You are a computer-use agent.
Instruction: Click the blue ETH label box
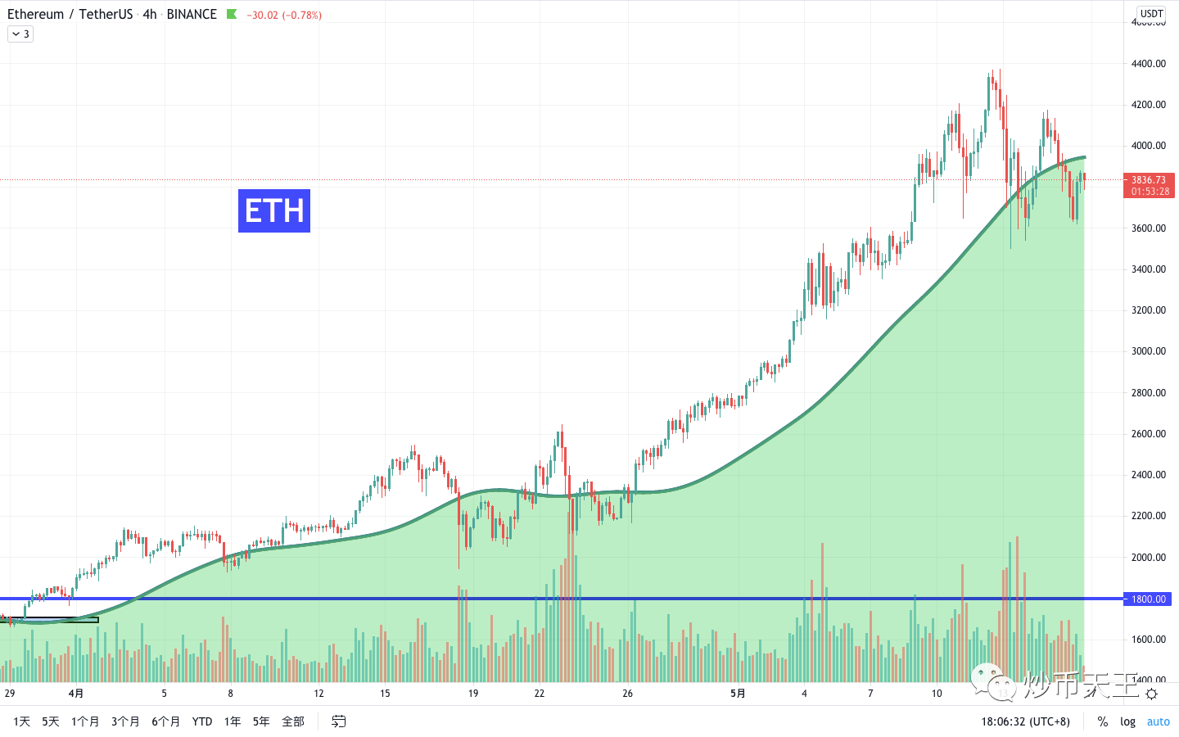273,210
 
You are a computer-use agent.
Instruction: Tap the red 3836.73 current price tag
1150,185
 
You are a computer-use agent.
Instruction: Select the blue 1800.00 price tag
1149,599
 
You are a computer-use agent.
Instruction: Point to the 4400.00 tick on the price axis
1149,64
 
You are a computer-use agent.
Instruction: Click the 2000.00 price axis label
1149,558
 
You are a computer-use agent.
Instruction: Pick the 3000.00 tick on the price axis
1149,351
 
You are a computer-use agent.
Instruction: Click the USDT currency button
1151,13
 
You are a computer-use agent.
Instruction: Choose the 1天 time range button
22,721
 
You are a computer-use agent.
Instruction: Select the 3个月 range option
125,721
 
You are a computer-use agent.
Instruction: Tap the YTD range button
202,721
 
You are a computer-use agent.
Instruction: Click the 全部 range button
292,721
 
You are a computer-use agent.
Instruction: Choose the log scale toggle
1127,721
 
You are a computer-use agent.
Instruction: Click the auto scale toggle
1158,721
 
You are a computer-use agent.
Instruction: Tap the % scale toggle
1103,721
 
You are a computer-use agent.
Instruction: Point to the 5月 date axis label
738,694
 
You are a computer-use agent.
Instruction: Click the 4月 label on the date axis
76,694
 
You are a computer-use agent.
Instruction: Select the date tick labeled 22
539,694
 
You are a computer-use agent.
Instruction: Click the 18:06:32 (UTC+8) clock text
1025,721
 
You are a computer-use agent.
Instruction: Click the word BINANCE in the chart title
192,14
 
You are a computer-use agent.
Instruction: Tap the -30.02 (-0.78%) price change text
283,15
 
